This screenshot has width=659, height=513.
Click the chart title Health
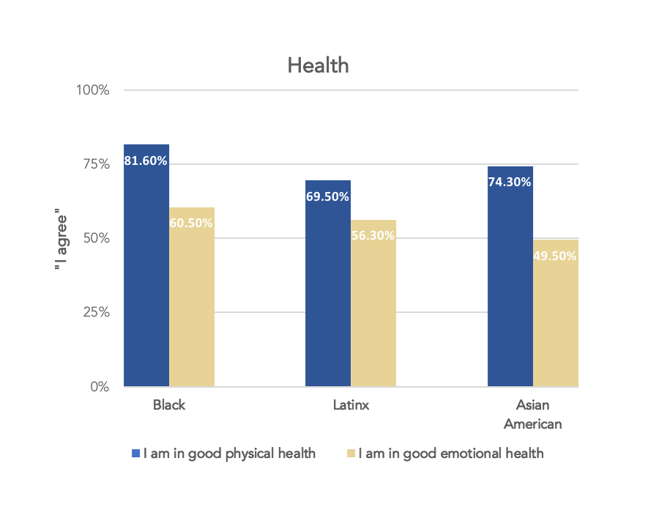318,66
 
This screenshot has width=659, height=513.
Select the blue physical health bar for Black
146,278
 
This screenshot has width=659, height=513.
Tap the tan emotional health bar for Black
192,308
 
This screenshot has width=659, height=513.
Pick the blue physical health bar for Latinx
328,293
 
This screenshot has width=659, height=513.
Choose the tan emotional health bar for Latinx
373,315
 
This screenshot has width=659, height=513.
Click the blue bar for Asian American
510,286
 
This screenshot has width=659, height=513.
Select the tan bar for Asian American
555,322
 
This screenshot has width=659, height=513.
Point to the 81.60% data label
146,160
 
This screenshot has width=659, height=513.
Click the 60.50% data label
191,223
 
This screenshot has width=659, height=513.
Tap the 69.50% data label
327,196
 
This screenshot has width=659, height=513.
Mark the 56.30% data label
373,235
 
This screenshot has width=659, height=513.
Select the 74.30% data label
510,182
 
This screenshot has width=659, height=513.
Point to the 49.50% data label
555,256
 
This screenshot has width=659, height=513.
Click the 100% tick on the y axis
94,90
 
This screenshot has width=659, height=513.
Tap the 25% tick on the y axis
97,312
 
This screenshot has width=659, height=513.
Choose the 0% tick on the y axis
100,386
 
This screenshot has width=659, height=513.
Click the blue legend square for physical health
135,454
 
